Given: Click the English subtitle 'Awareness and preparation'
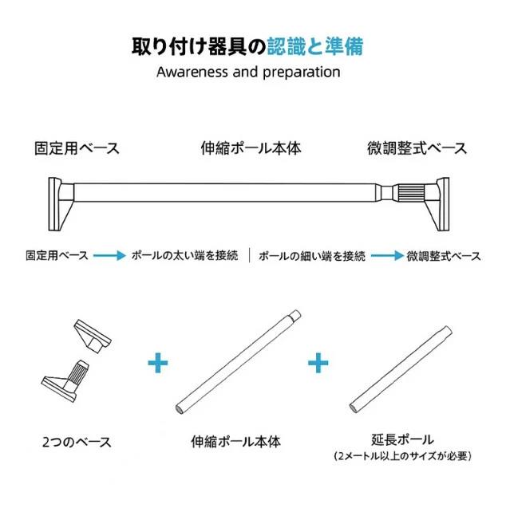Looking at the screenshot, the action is (x=248, y=73).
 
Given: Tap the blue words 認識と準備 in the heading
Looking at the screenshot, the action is (x=314, y=47).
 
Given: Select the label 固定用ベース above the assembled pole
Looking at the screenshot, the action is (x=77, y=148).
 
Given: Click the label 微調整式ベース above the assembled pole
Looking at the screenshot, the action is (x=417, y=148).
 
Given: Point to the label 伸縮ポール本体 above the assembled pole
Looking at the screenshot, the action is (x=251, y=148).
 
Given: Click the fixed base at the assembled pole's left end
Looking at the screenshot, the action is (x=61, y=204).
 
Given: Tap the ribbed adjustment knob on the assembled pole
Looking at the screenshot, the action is (x=409, y=194).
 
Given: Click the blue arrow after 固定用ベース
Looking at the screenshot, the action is (x=109, y=256).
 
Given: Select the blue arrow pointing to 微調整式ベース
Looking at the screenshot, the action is (x=387, y=256).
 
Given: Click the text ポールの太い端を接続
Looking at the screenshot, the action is (x=185, y=256).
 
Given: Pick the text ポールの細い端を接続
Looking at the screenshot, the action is (x=312, y=256).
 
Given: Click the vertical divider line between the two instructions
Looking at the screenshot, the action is (x=249, y=255).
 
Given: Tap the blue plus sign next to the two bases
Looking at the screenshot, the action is (x=158, y=363).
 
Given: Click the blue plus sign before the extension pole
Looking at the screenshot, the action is (x=318, y=363).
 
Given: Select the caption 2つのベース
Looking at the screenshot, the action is (x=77, y=442).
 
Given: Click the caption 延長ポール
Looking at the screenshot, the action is (x=402, y=439).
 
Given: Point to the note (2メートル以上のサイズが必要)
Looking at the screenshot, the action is (x=402, y=456).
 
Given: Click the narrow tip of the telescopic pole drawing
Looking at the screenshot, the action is (x=295, y=314).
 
